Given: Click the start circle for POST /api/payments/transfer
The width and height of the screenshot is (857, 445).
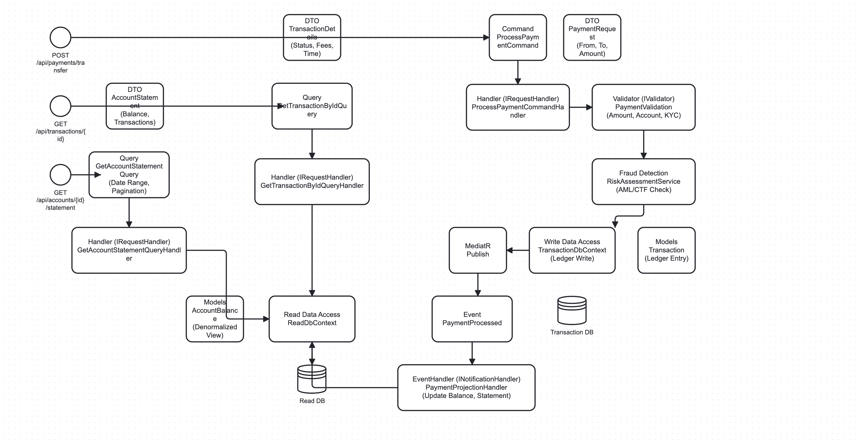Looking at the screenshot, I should (x=60, y=37).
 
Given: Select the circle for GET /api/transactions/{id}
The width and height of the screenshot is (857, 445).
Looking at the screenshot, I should (x=60, y=106).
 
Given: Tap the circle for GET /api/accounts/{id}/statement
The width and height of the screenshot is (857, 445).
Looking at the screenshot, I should (x=60, y=175).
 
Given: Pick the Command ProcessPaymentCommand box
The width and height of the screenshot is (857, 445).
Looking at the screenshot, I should (x=518, y=37).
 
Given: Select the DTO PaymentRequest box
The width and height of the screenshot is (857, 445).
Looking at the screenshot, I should (x=592, y=37).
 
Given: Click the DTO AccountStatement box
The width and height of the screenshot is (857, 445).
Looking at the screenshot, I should (x=134, y=116).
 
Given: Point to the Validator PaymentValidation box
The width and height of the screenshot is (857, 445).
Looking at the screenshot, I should (x=644, y=107).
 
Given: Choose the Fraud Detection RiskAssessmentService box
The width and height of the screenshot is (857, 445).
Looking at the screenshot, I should (x=644, y=181).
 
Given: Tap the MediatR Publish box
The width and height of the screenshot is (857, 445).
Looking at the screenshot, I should (x=478, y=250).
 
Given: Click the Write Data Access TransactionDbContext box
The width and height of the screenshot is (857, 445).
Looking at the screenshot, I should (x=572, y=250).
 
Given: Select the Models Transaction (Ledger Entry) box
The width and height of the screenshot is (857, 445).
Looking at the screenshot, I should (x=666, y=250).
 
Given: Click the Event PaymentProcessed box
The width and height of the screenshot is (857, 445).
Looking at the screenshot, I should (x=472, y=319).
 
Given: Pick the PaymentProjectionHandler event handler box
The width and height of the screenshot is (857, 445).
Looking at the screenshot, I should (x=466, y=387).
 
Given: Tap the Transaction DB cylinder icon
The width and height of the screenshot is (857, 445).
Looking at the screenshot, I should (x=571, y=311).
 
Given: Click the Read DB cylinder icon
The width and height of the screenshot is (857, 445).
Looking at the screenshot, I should (x=312, y=380).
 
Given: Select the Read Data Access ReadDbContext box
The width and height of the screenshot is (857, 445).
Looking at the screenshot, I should (x=312, y=319).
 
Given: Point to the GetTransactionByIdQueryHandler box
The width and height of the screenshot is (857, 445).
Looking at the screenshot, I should (x=312, y=181).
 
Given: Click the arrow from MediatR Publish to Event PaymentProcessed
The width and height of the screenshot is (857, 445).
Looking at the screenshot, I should (x=478, y=284).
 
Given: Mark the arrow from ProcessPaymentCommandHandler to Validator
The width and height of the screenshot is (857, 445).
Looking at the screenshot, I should (x=581, y=107).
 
